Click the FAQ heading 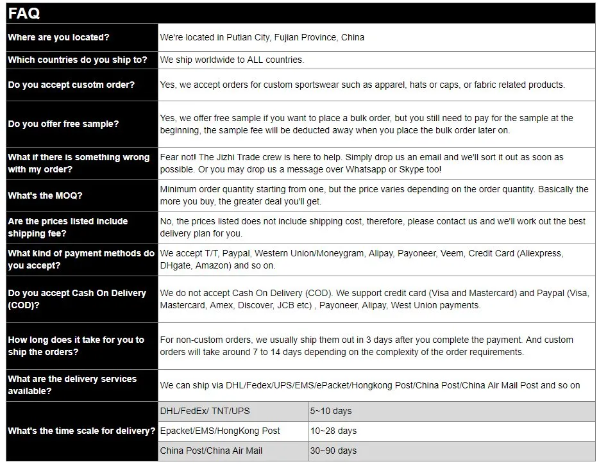(24, 13)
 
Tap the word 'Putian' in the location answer (232, 37)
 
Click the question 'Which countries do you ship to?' (78, 60)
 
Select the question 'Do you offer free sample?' (63, 124)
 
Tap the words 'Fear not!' (178, 157)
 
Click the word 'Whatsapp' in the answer (366, 169)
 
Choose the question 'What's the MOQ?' (45, 195)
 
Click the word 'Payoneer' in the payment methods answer (416, 253)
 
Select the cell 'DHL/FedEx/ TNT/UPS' (205, 411)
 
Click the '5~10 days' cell (331, 411)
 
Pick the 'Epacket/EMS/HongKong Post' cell (220, 431)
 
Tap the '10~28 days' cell (333, 431)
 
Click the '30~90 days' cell (333, 451)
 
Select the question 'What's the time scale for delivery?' (81, 431)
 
